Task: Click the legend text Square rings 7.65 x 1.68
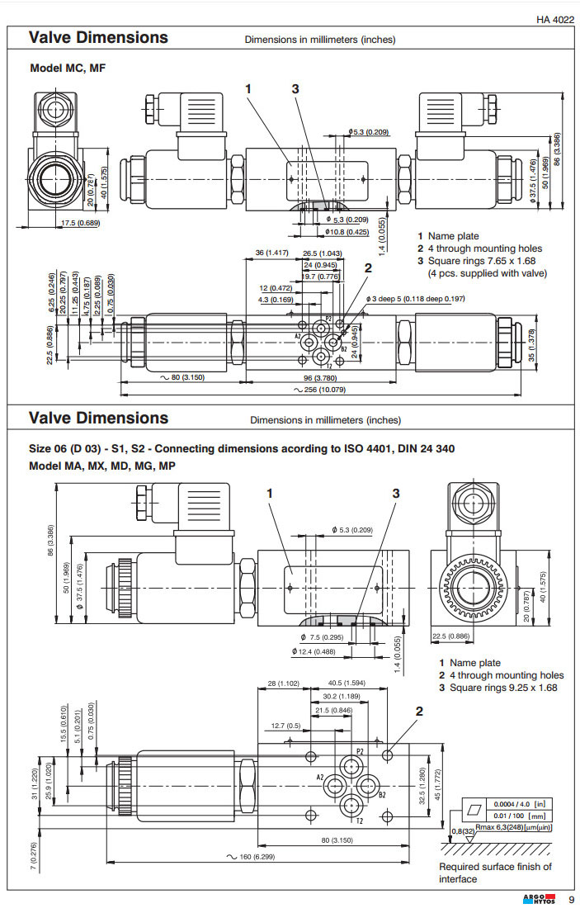[486, 261]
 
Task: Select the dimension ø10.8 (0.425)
[347, 232]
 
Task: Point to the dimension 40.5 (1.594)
[346, 683]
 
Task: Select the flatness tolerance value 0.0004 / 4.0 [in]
[520, 803]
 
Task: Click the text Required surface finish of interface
[494, 873]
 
